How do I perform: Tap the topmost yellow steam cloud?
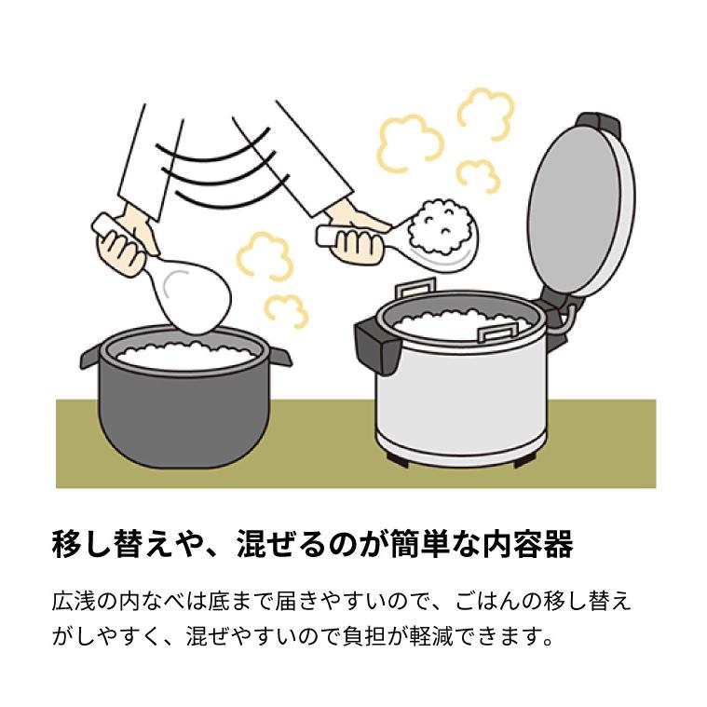point(485,111)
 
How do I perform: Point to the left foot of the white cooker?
point(395,457)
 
